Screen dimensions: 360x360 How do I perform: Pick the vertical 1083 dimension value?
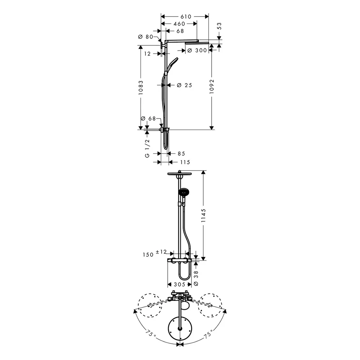(x=141, y=87)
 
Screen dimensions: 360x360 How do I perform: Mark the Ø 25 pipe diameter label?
(x=185, y=85)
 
